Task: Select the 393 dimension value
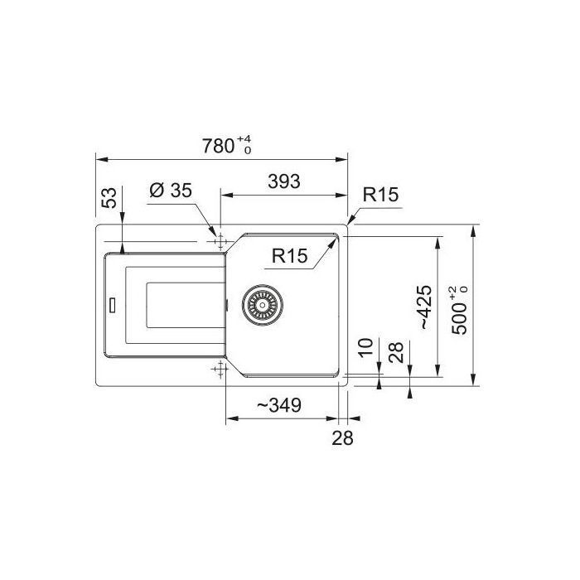tap(283, 181)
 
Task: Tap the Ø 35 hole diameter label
tap(171, 190)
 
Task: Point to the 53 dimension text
tap(109, 197)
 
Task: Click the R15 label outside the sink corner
tap(380, 195)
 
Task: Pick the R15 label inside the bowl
tap(289, 255)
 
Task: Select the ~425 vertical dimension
tap(424, 307)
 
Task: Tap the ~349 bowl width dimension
tap(279, 405)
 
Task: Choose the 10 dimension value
tap(366, 347)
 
